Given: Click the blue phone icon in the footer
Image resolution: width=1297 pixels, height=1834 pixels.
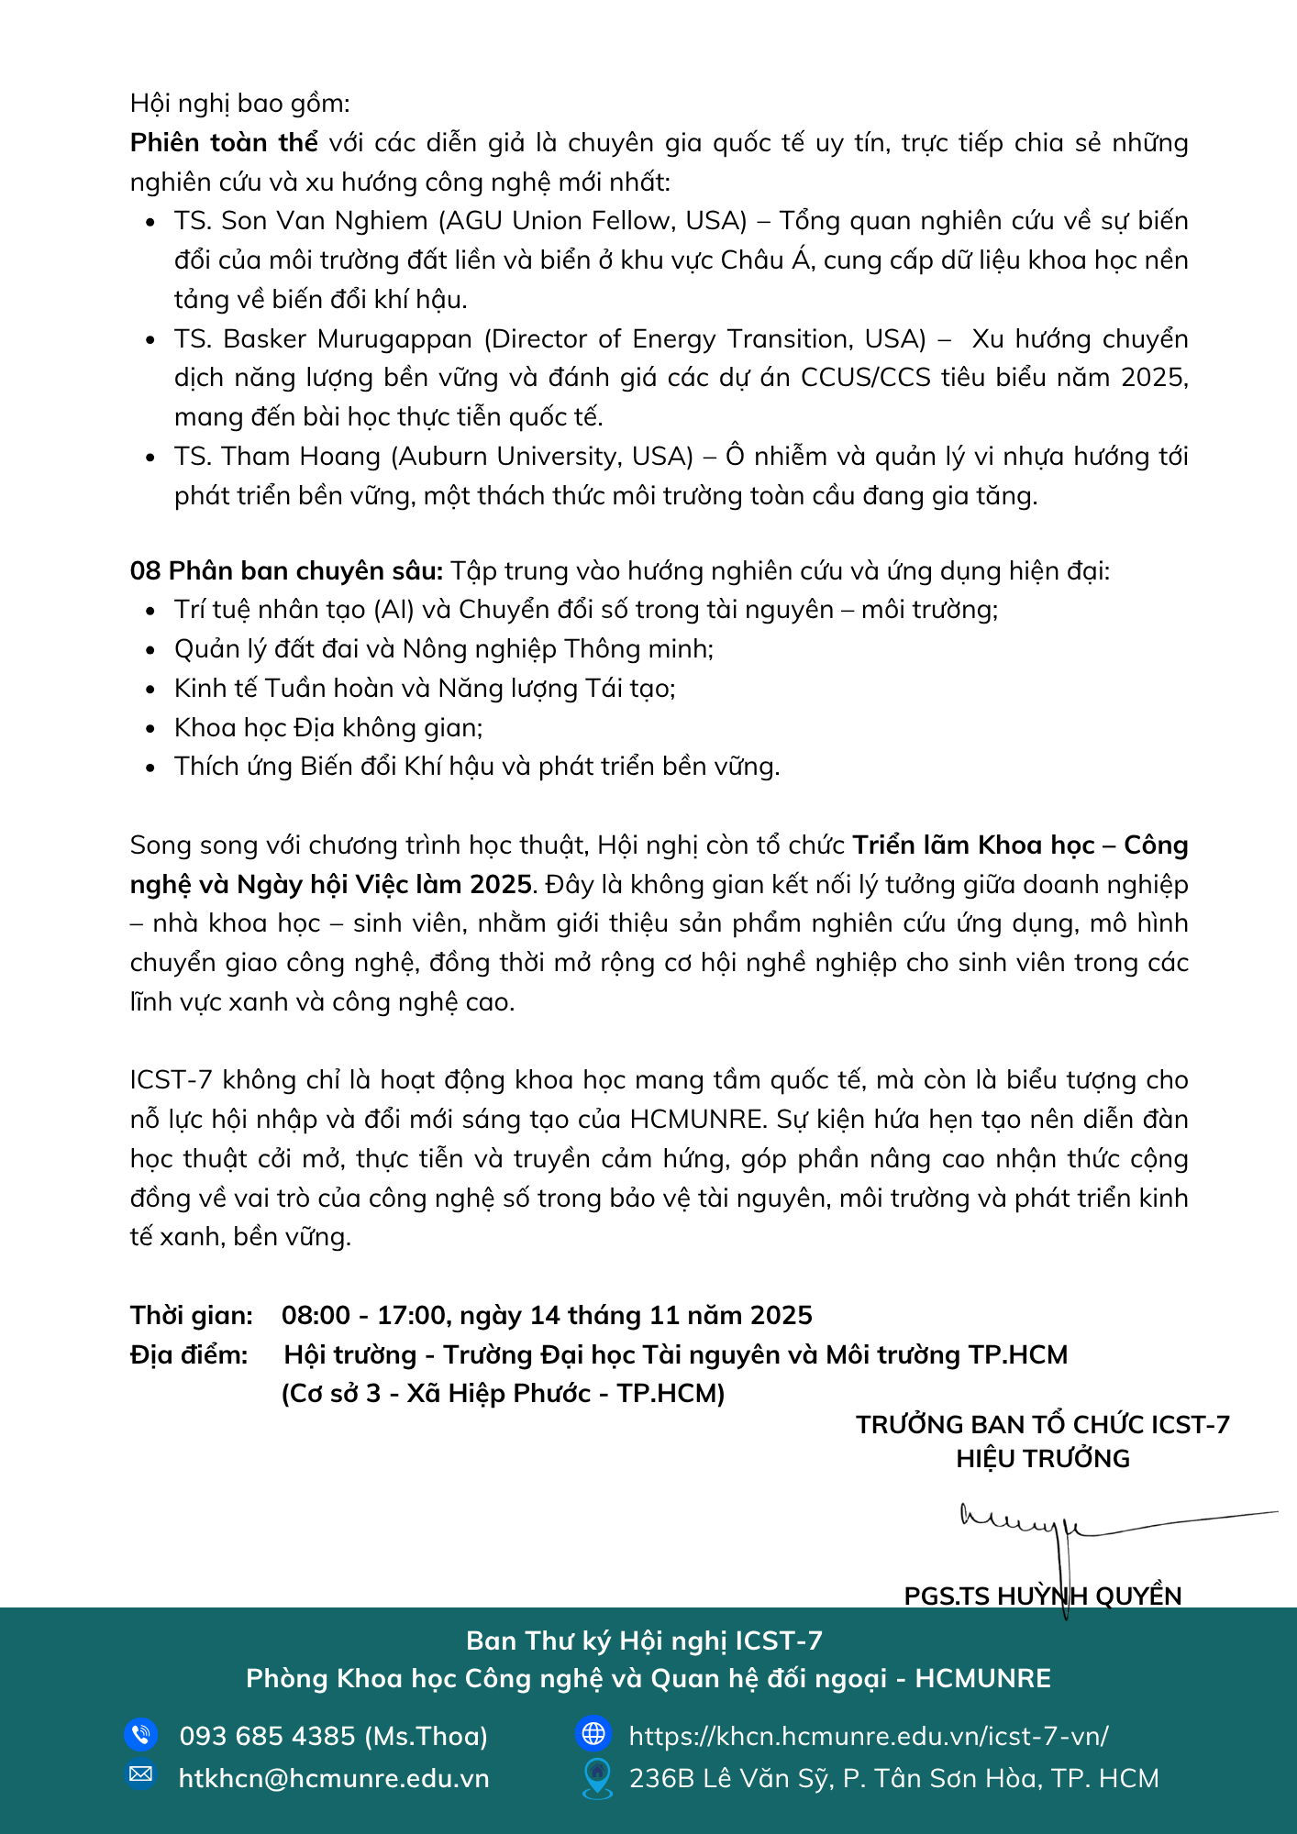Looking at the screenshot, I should click(140, 1735).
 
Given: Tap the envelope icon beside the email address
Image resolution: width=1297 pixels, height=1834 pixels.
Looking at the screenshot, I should click(140, 1774).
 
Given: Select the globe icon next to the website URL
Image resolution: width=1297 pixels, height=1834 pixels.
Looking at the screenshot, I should click(593, 1733).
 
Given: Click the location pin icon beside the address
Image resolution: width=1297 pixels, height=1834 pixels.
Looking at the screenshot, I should click(597, 1777).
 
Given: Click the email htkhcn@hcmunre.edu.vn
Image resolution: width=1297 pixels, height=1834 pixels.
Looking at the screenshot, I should click(334, 1779).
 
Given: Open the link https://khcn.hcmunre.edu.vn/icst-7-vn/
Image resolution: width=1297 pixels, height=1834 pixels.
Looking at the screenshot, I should click(869, 1736).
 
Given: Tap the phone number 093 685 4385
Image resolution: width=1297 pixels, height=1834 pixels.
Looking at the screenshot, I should click(267, 1736).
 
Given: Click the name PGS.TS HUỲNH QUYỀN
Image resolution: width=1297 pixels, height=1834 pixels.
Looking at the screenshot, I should click(1043, 1596).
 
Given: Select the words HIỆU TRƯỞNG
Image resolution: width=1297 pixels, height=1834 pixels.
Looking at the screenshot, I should click(1043, 1459).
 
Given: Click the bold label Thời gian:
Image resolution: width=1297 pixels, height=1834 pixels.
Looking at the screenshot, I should click(192, 1316).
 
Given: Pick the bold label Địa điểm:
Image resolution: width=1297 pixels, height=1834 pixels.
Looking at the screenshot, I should click(189, 1355).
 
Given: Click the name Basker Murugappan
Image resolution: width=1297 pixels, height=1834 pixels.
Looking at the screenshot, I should click(348, 339).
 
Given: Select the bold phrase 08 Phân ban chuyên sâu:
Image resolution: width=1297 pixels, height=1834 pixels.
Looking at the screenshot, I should click(286, 571).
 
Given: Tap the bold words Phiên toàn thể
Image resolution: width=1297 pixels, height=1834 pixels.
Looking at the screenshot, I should click(224, 143).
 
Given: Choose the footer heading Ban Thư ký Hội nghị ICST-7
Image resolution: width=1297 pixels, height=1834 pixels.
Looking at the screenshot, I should click(644, 1641).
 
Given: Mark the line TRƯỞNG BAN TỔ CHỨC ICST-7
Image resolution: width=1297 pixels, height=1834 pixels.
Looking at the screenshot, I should click(1043, 1425).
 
